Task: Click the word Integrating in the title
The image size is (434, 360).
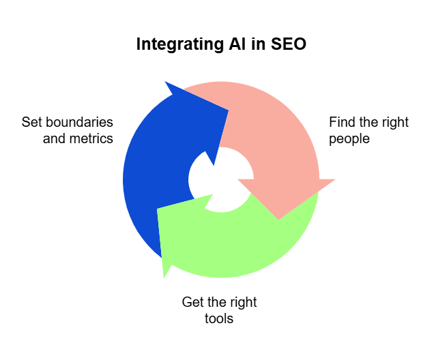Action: tap(177, 44)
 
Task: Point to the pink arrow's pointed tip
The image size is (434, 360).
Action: tap(278, 218)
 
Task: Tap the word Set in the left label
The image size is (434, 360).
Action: tap(30, 122)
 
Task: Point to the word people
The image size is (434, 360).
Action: tap(349, 138)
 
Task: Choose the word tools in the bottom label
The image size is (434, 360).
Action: tap(219, 318)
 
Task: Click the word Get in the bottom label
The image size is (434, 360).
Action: tap(192, 302)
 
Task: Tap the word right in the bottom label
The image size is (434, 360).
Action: tap(242, 302)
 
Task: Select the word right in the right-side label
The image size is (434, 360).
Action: tap(394, 122)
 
